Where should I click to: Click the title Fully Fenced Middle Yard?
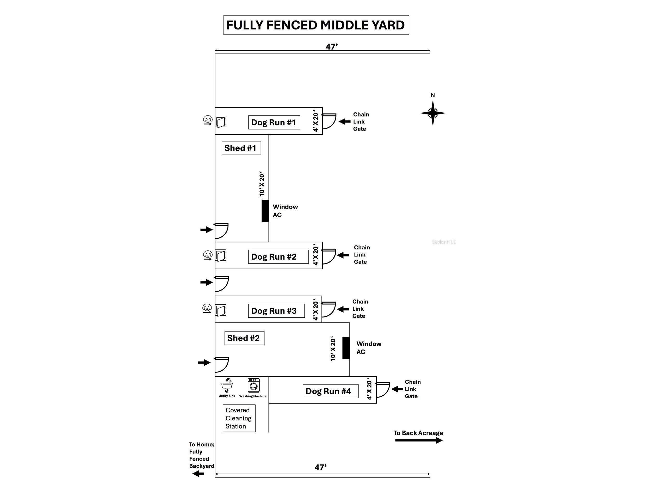316,25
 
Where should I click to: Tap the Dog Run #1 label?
274,122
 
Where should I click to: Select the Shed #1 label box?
241,148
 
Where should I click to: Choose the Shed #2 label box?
244,338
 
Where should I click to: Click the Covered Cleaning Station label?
239,418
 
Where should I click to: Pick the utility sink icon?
227,385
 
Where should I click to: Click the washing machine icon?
254,385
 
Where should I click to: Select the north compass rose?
433,113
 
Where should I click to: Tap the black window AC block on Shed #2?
346,348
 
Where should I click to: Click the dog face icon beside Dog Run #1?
208,119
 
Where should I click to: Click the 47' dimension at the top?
332,47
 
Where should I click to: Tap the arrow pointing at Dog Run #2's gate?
343,255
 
